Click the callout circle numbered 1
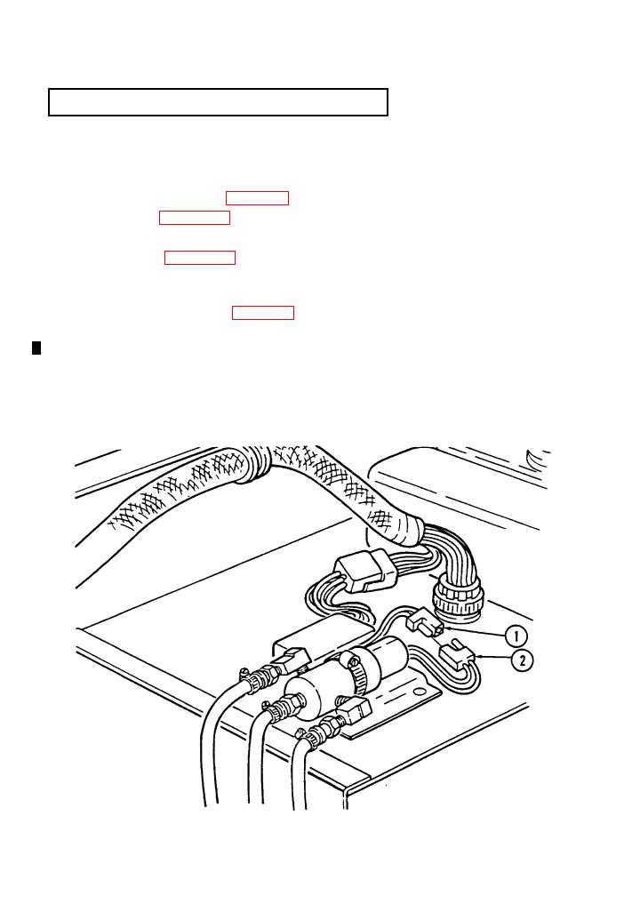click(x=516, y=636)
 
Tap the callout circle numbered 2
click(x=523, y=660)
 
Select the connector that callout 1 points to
click(x=425, y=620)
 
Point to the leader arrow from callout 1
click(x=474, y=632)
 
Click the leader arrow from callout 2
click(x=493, y=658)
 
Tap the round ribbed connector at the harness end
click(x=458, y=598)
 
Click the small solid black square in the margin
click(x=36, y=348)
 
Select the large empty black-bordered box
click(x=218, y=102)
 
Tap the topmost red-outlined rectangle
click(x=257, y=197)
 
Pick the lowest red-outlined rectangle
click(x=263, y=312)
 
